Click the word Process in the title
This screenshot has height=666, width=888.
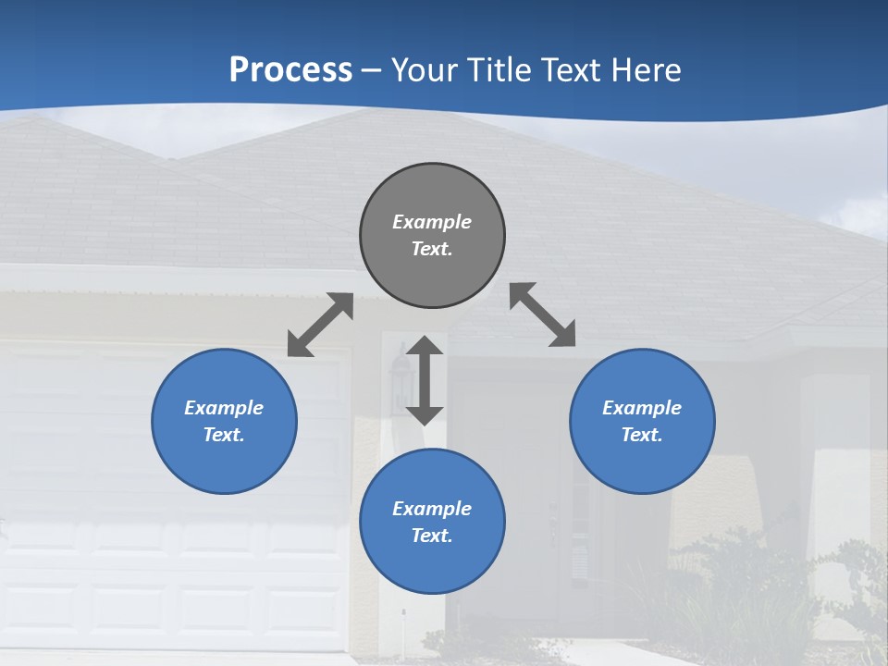coord(290,69)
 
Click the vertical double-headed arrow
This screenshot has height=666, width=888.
coord(425,380)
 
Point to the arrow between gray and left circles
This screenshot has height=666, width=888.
coord(320,325)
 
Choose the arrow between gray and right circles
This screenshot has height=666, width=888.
coord(543,314)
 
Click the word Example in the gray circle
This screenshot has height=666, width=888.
coord(432,222)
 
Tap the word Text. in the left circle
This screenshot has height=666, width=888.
coord(224,435)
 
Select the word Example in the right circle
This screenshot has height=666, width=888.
coord(642,408)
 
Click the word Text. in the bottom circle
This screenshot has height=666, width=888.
coord(432,536)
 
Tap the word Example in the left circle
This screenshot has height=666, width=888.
coord(224,408)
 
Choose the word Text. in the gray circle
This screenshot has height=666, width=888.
coord(432,249)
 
